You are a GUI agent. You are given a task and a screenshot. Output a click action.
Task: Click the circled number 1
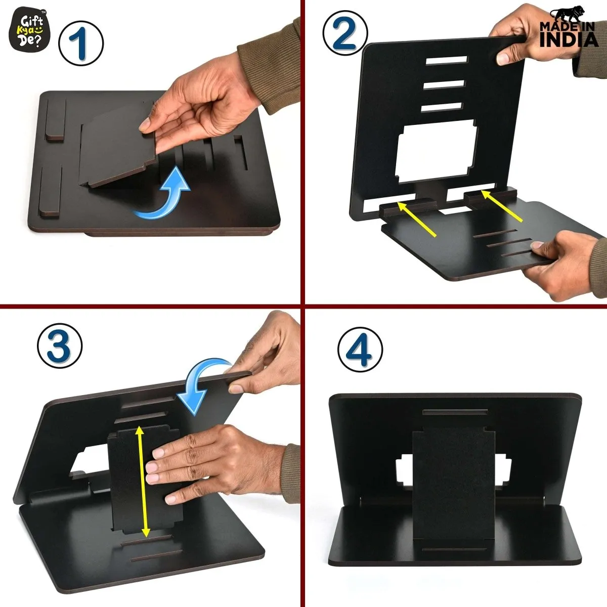click(x=81, y=44)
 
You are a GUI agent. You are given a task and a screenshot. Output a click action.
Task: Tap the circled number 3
click(x=60, y=345)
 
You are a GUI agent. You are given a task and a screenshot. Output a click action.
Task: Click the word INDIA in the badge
click(x=569, y=39)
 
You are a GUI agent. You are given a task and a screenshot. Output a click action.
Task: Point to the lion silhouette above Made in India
click(x=568, y=15)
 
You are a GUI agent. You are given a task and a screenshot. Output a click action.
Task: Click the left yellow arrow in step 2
click(x=416, y=219)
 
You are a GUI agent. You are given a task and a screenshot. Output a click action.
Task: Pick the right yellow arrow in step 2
click(x=502, y=205)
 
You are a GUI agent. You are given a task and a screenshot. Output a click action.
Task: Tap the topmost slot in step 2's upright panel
click(x=446, y=60)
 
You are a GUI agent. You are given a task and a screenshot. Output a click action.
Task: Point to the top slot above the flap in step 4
click(x=455, y=412)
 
